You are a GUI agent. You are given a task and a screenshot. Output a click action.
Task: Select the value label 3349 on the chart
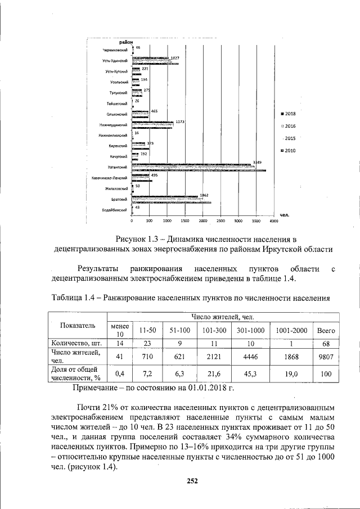click(258, 163)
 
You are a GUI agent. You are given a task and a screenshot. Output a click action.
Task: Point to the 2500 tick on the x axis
click(220, 221)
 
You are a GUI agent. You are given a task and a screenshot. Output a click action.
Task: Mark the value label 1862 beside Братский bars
click(205, 195)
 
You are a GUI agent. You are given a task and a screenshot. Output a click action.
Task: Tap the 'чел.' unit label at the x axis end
click(284, 214)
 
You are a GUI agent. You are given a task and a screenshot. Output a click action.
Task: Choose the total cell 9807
click(326, 355)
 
